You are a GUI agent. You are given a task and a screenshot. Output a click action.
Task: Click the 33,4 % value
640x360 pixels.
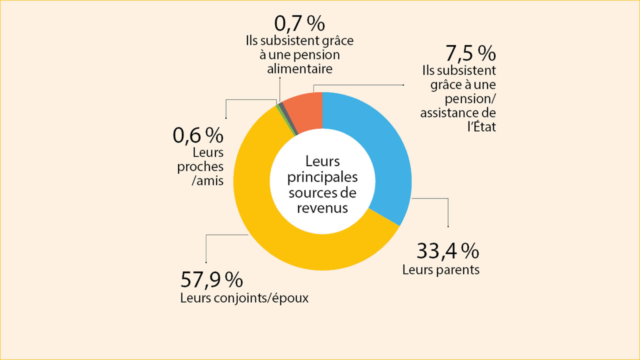click(448, 251)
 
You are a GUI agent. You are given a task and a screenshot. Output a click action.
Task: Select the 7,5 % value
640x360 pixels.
click(470, 53)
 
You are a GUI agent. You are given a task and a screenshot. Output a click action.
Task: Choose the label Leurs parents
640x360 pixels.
click(441, 270)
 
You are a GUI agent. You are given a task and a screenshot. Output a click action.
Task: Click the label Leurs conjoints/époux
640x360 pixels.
click(244, 299)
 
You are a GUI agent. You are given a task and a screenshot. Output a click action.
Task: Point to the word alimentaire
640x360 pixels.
click(299, 69)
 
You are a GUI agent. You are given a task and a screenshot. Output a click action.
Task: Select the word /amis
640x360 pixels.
click(207, 180)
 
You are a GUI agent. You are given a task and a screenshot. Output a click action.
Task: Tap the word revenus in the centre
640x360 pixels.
click(322, 208)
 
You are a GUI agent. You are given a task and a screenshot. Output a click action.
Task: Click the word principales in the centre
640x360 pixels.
click(322, 177)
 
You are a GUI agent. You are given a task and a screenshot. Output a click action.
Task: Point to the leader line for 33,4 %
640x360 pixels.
click(447, 210)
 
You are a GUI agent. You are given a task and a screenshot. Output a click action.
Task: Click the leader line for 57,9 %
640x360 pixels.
click(206, 247)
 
